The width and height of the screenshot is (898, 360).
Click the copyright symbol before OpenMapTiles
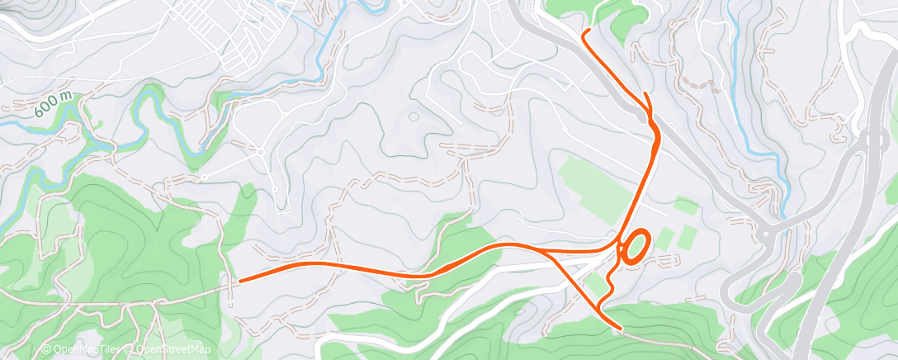pos(46,350)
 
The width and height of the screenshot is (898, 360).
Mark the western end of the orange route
pos(239,282)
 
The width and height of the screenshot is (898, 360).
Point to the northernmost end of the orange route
pos(585,31)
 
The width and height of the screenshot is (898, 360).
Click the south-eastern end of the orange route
pos(620,328)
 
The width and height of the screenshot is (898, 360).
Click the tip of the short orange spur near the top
pos(644,94)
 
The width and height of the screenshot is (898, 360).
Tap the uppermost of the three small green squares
pos(685,205)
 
